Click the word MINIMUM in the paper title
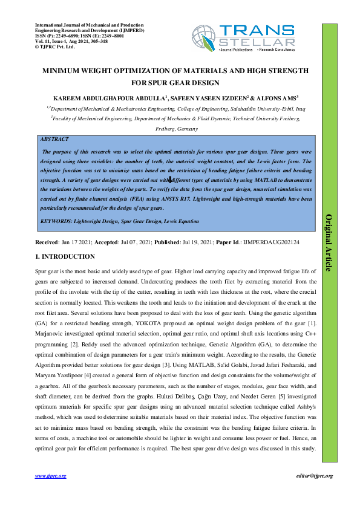coord(61,71)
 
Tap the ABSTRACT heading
coord(54,139)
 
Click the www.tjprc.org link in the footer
coord(51,476)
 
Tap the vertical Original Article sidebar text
coord(329,242)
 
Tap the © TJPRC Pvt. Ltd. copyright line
coord(56,46)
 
